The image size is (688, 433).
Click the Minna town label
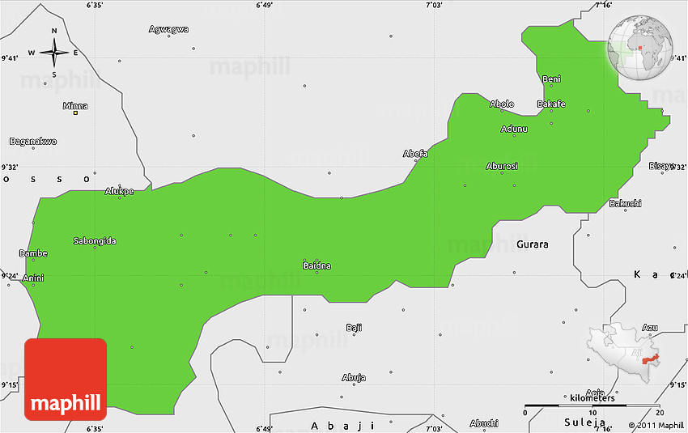pos(75,105)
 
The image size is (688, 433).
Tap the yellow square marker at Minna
pos(75,113)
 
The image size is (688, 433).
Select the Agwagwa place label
pos(168,29)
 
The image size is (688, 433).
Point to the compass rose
pos(54,53)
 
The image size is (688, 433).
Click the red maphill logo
pos(66,379)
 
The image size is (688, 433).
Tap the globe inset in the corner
pos(641,47)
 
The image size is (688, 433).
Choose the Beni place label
pos(551,79)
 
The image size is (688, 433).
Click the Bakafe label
pos(551,104)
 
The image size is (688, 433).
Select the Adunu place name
pos(514,129)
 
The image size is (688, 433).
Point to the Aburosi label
pos(502,166)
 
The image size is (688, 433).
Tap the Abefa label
pos(415,154)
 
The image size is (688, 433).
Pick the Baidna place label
pos(316,265)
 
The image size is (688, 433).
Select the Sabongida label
pos(95,240)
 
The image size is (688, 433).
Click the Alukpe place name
pos(119,191)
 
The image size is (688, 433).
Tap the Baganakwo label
pos(33,141)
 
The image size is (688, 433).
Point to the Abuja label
pos(354,377)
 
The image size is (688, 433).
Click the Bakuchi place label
pos(625,202)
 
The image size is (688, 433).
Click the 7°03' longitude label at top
pos(435,6)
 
